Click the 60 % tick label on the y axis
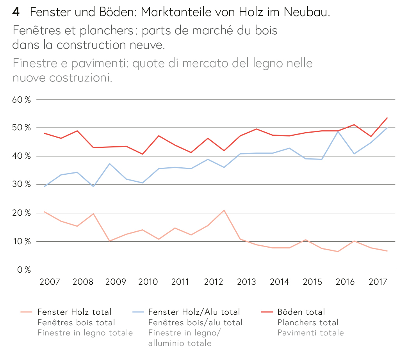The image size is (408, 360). (x=22, y=99)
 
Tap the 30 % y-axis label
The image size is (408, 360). (x=22, y=184)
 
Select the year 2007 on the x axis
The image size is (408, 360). (x=50, y=282)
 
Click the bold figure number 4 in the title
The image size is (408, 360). (x=16, y=12)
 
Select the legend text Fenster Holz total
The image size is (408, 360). (x=74, y=312)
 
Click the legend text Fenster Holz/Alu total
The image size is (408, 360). (x=194, y=312)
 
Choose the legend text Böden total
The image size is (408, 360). (x=301, y=312)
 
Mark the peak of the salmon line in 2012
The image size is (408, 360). (x=223, y=210)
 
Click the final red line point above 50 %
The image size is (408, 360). (x=387, y=118)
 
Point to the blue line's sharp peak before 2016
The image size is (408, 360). (x=338, y=131)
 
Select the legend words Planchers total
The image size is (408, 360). (x=308, y=323)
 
